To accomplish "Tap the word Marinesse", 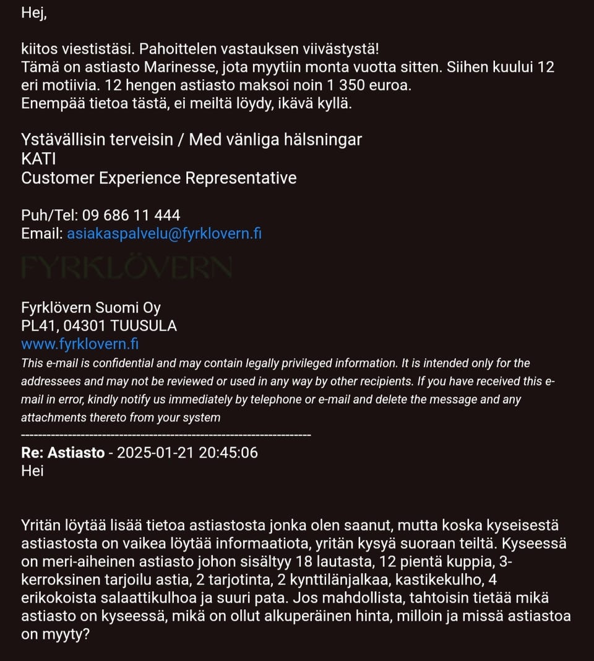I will [x=197, y=67].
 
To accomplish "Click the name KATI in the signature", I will [x=38, y=159].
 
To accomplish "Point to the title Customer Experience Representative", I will [x=158, y=178].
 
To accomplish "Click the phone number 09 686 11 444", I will [x=131, y=215].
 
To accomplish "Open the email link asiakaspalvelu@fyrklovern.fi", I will [x=164, y=234].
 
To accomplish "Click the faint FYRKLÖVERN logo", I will [x=126, y=267].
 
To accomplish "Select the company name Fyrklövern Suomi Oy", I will [x=91, y=307].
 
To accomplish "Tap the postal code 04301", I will [x=84, y=325].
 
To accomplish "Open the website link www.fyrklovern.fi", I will [x=80, y=344].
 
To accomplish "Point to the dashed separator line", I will [x=166, y=436].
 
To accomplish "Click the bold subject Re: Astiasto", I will [x=62, y=453].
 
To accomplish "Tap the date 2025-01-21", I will [x=155, y=453].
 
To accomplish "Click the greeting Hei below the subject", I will [x=32, y=471].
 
